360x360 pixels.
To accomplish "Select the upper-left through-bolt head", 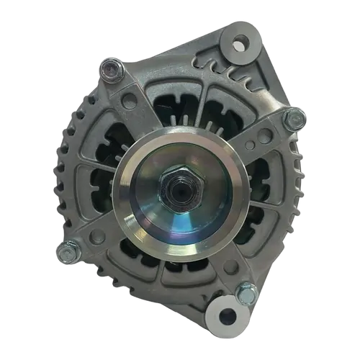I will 109,69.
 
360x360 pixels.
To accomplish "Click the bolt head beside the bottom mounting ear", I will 244,292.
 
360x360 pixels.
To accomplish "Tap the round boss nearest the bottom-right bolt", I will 231,268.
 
